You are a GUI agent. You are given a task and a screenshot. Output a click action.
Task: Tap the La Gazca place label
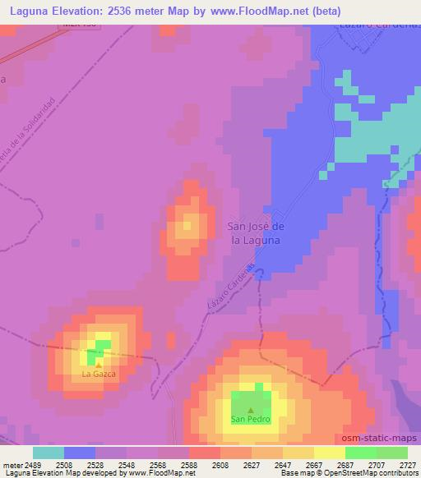click(98, 374)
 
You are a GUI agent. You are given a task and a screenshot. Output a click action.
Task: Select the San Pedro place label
click(250, 419)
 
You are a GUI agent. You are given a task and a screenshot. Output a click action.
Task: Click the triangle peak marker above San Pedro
click(250, 410)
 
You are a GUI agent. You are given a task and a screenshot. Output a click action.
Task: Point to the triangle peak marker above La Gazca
click(98, 365)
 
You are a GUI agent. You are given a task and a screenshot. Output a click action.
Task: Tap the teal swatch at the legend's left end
click(49, 453)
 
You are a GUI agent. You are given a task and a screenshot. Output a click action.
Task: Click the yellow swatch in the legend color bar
click(330, 453)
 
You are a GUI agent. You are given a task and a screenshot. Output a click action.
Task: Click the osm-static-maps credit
click(379, 436)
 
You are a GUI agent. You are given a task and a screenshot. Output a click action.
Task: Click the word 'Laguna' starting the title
click(29, 11)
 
